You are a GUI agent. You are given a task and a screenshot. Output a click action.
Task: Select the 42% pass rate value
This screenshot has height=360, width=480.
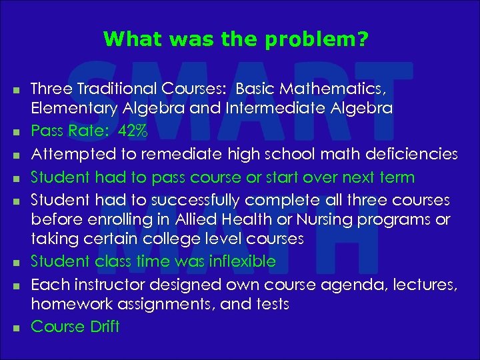(x=133, y=131)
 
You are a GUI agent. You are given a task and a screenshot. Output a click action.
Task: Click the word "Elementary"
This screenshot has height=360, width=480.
(x=74, y=109)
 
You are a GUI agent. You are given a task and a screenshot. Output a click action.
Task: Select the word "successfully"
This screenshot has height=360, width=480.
(x=207, y=200)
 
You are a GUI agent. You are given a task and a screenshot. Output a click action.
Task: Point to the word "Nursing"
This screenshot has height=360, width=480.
(x=317, y=220)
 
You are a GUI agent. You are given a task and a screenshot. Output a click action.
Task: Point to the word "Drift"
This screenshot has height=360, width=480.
(x=103, y=327)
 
